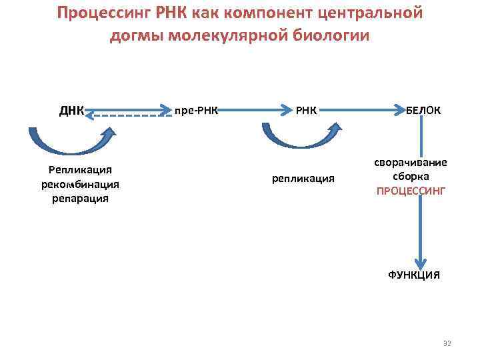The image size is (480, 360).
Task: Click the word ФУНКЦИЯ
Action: (x=413, y=275)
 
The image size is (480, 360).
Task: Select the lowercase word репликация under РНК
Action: (x=303, y=179)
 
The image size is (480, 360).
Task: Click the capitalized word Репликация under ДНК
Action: (x=80, y=171)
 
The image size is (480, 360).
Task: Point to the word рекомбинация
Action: (x=80, y=184)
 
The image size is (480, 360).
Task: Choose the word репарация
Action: (x=80, y=198)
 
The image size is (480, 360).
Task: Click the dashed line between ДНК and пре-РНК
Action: (x=130, y=116)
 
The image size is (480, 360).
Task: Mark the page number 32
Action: (x=447, y=343)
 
